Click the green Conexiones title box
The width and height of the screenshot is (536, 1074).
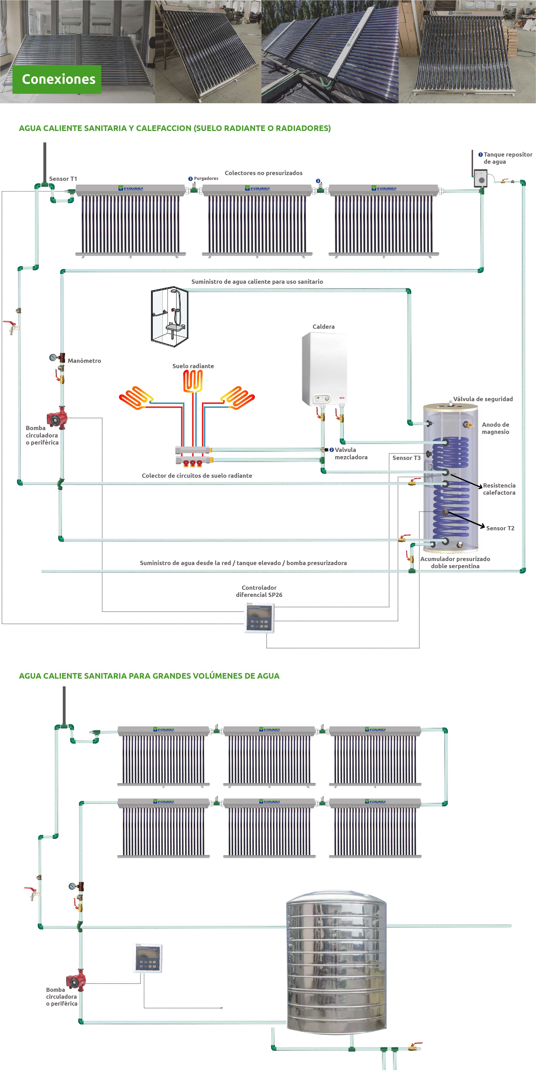click(x=57, y=79)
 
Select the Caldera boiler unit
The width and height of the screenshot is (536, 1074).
click(x=324, y=369)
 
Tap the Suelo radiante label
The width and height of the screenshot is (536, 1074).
click(x=193, y=366)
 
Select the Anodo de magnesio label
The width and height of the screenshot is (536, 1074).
click(x=495, y=428)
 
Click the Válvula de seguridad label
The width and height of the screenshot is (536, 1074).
click(x=483, y=399)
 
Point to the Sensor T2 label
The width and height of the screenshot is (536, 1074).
click(x=500, y=528)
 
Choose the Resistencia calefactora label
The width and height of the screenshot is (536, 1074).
click(x=499, y=489)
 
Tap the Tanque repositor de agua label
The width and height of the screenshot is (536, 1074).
click(x=507, y=158)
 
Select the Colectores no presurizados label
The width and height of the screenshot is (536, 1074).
click(x=263, y=173)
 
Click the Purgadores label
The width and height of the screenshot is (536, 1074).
click(x=206, y=178)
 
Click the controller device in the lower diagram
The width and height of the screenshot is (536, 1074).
click(x=148, y=958)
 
